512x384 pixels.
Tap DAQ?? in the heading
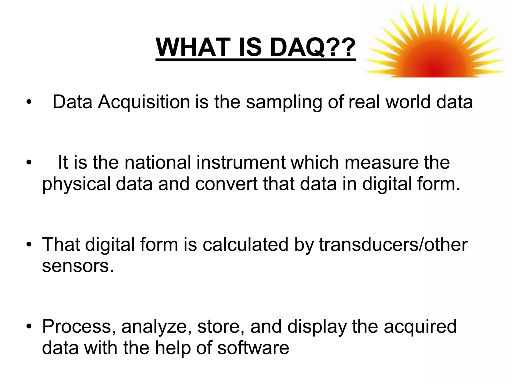(x=312, y=47)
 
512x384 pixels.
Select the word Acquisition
(x=144, y=102)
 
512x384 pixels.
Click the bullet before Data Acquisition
(x=29, y=102)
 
